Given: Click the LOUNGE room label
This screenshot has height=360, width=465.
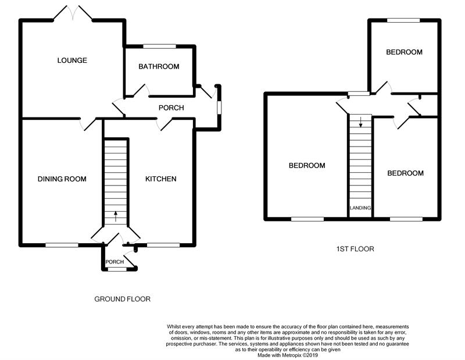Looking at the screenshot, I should [72, 60].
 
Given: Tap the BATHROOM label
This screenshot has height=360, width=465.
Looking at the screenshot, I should [159, 67].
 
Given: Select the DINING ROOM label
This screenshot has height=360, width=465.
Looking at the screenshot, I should [62, 179].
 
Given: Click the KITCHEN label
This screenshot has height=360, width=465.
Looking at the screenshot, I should [160, 179].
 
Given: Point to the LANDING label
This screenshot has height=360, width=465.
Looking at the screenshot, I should [360, 208].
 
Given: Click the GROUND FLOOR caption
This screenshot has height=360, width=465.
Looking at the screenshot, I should [123, 300].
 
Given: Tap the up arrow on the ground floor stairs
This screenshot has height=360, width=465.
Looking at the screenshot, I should [116, 216].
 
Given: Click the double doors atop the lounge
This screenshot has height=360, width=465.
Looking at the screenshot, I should [78, 13].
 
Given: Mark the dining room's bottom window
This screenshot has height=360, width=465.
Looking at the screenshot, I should [62, 245].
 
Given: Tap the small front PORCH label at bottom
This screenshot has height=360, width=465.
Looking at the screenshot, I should [115, 262].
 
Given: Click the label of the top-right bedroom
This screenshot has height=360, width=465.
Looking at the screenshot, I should [404, 52].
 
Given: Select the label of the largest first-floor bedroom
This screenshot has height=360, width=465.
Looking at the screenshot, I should [307, 166].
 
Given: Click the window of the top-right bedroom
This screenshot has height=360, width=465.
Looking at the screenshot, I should [403, 21].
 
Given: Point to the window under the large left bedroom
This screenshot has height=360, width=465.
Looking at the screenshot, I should [307, 219].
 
